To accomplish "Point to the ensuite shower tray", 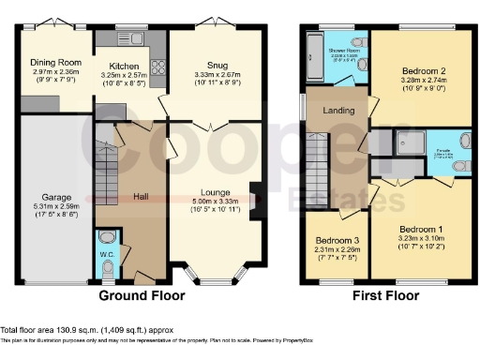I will click(x=408, y=141).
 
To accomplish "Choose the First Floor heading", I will click(x=385, y=295).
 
